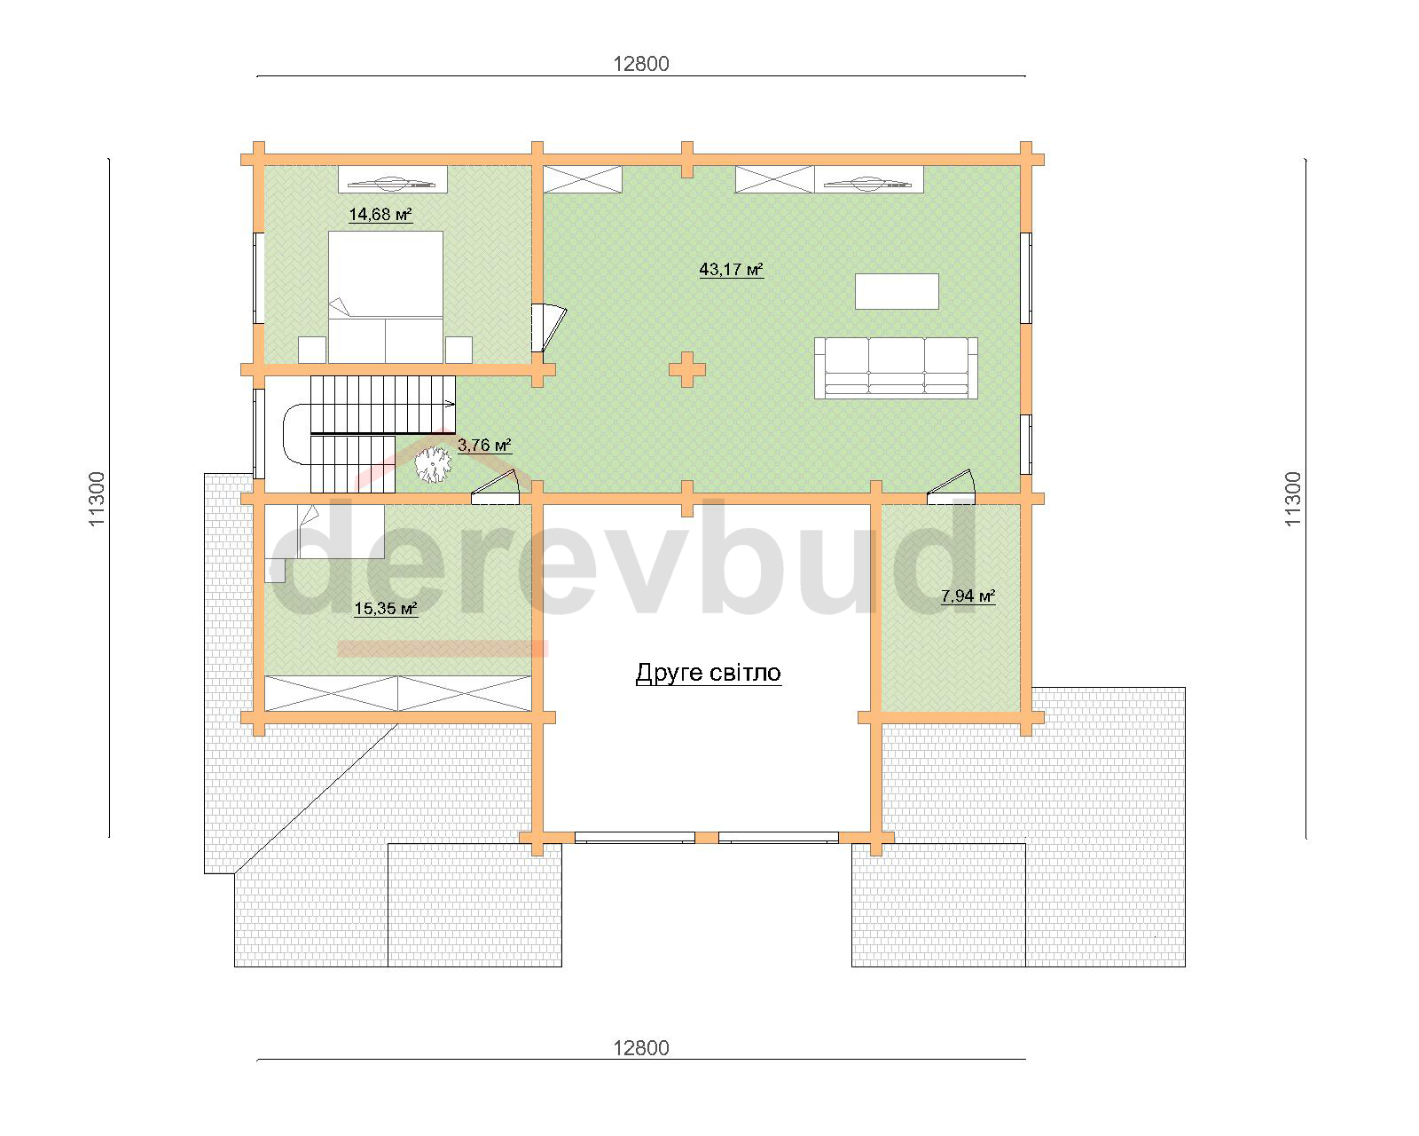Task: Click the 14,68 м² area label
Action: pyautogui.click(x=380, y=215)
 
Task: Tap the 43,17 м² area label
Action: pyautogui.click(x=732, y=269)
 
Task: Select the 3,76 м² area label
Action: pyautogui.click(x=484, y=446)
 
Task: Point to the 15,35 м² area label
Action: pyautogui.click(x=386, y=608)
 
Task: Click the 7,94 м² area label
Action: pyautogui.click(x=968, y=596)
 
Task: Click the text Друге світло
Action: pyautogui.click(x=709, y=673)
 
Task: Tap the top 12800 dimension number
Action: pyautogui.click(x=641, y=64)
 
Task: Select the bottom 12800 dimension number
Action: pyautogui.click(x=641, y=1048)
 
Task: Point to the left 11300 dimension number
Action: pyautogui.click(x=97, y=499)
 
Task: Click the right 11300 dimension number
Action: pyautogui.click(x=1293, y=499)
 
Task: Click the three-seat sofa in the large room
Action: pyautogui.click(x=896, y=368)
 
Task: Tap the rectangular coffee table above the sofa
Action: pyautogui.click(x=897, y=291)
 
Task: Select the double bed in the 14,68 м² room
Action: pyautogui.click(x=386, y=297)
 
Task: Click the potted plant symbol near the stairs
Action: pyautogui.click(x=433, y=464)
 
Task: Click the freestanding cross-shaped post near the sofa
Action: pyautogui.click(x=687, y=370)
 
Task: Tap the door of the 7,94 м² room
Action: pyautogui.click(x=951, y=487)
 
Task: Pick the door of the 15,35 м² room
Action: pyautogui.click(x=495, y=487)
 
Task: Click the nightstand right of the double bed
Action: pyautogui.click(x=459, y=350)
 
